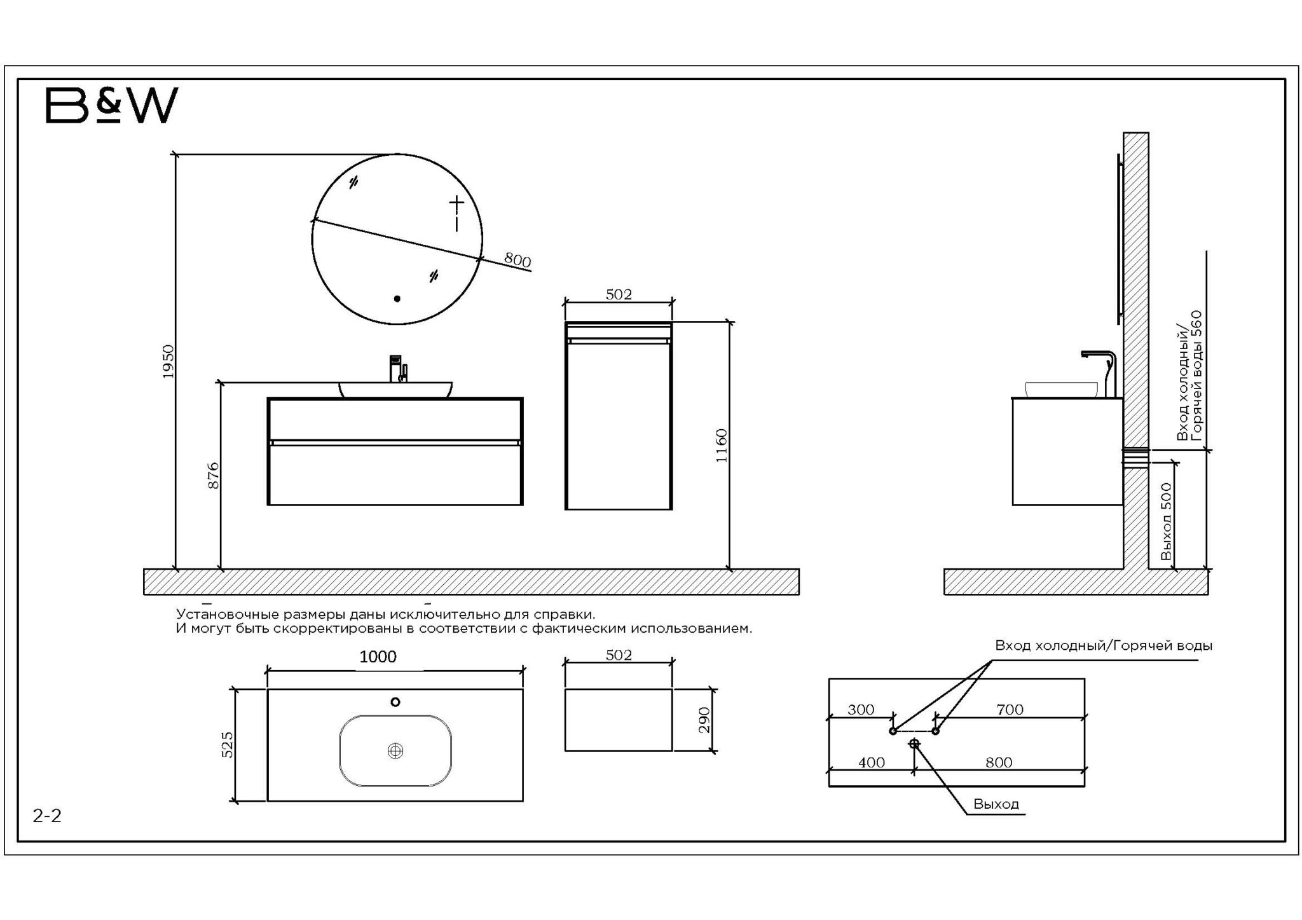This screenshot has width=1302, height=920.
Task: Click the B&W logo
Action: click(112, 105)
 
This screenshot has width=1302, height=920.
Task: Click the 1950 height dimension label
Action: click(168, 362)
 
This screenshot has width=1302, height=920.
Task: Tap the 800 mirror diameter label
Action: click(517, 259)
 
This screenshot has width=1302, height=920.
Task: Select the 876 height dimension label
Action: click(214, 476)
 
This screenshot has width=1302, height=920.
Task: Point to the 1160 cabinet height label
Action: click(721, 446)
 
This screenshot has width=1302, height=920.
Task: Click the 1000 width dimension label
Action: click(378, 657)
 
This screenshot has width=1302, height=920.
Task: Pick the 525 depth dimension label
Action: click(227, 745)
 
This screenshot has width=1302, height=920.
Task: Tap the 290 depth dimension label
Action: click(704, 720)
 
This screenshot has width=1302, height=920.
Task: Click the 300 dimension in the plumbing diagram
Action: click(861, 710)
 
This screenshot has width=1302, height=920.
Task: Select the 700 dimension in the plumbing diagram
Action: click(1010, 710)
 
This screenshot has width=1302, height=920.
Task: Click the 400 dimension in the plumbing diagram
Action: click(871, 762)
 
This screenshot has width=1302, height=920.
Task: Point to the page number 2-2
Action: click(47, 816)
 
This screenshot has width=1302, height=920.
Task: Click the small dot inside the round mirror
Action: click(397, 298)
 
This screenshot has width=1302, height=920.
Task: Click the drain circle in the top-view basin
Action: click(395, 751)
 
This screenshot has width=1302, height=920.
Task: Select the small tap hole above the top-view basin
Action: click(395, 702)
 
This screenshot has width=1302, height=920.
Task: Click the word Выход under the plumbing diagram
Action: click(996, 804)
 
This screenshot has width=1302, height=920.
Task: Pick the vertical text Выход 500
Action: click(1166, 521)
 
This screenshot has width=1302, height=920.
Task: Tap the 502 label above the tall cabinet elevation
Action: click(619, 294)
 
